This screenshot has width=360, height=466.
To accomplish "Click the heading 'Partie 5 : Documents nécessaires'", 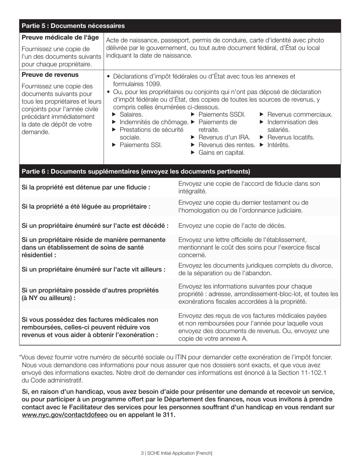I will (x=73, y=26).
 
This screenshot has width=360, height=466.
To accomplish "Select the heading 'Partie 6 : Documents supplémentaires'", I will (x=136, y=172).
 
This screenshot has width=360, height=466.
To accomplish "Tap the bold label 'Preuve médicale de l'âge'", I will (x=60, y=38).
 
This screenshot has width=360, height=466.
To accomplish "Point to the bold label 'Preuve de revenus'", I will (x=50, y=75).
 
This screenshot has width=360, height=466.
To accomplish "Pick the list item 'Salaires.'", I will (x=131, y=114).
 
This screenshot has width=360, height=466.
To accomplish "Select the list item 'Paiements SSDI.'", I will (x=222, y=114).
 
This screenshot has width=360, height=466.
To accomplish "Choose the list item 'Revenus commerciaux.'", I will (x=300, y=114).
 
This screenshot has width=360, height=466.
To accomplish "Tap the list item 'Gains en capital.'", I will (x=221, y=153).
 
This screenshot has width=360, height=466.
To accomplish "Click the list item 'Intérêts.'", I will (x=278, y=145).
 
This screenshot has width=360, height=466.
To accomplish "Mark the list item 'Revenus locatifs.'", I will (x=291, y=138).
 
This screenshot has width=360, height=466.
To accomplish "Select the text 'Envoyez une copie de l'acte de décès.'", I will (x=232, y=226).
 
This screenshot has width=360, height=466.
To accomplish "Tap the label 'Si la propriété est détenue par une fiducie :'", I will (x=86, y=187).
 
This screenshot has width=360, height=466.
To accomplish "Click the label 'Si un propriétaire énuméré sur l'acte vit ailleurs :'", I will (x=94, y=270).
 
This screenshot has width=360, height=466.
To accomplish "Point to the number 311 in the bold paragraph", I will (x=169, y=415).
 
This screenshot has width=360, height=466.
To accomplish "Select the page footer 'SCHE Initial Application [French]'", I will (x=180, y=453).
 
